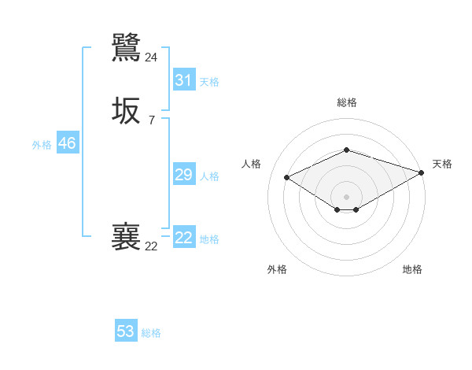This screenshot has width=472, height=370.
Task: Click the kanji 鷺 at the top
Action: (x=126, y=47)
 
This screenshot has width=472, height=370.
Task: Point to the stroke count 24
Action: (x=151, y=57)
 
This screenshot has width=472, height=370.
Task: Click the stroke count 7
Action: (x=151, y=120)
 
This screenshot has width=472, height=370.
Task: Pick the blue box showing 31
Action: (x=183, y=80)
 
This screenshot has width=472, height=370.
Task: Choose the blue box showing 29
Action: (x=183, y=175)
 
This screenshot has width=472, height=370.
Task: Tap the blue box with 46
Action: (x=67, y=143)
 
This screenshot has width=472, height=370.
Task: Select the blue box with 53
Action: (x=126, y=331)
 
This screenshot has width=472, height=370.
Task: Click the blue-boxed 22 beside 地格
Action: (x=183, y=238)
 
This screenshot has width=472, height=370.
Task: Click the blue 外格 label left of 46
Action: (x=42, y=145)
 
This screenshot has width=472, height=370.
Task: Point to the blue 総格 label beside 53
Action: (x=151, y=333)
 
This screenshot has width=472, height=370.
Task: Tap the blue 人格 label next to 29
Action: (x=209, y=176)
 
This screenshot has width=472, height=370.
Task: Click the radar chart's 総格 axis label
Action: (x=346, y=102)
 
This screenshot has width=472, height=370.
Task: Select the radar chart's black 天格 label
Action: (x=442, y=164)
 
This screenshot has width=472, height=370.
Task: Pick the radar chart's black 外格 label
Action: (x=277, y=269)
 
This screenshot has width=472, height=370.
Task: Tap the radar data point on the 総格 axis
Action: (x=346, y=150)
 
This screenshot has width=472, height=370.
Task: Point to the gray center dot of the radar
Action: (x=346, y=197)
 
